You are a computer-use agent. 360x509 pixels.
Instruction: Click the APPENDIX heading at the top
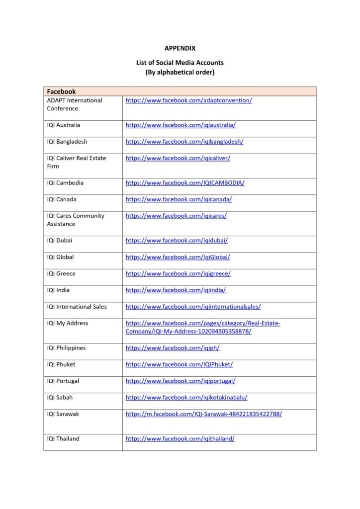[180, 48]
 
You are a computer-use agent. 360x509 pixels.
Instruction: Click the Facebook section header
[61, 91]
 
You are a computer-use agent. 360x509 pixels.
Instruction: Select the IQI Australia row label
[64, 125]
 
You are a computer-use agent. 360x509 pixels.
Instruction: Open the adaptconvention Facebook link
[188, 100]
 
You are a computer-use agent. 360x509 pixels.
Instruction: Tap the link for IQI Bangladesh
[184, 142]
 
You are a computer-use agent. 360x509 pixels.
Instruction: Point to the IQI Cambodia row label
[65, 183]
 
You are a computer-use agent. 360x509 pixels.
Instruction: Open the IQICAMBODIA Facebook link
[184, 183]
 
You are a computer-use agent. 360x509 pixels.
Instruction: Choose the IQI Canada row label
[62, 199]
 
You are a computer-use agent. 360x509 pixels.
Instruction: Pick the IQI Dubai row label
[60, 241]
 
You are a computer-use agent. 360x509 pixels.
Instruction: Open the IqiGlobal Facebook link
[178, 257]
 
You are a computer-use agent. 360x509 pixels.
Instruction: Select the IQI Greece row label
[61, 273]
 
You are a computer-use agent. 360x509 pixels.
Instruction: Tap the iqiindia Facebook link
[176, 290]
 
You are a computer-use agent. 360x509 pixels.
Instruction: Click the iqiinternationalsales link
[193, 307]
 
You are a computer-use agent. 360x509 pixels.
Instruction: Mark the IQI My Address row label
[68, 323]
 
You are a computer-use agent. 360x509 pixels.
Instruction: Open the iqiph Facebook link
[172, 348]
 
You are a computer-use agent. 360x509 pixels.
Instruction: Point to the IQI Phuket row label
[61, 364]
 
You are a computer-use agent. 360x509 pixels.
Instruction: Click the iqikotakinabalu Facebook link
[186, 397]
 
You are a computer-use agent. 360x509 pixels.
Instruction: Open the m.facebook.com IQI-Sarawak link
[203, 414]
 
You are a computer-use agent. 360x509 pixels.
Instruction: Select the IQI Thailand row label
[63, 438]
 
